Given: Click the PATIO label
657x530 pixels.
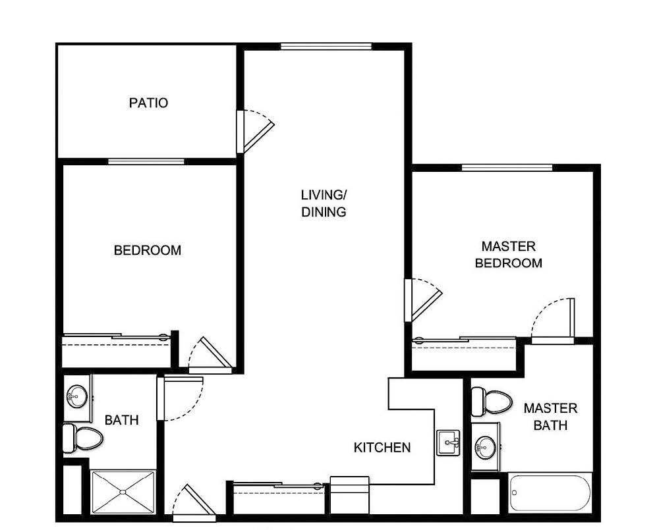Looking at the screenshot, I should click(x=148, y=103).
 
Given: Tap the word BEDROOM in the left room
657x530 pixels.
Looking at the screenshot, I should click(x=148, y=250).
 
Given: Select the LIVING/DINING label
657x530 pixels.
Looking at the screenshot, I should click(x=324, y=203).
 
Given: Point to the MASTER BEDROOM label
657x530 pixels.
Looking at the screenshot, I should click(x=509, y=255).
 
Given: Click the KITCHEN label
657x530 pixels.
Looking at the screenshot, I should click(x=382, y=448).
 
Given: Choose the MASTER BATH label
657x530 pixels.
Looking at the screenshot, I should click(x=550, y=417).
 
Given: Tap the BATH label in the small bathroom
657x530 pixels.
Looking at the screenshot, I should click(x=121, y=419).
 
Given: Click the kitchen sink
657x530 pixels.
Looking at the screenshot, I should click(x=449, y=442).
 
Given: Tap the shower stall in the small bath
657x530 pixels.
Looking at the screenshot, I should click(x=123, y=492).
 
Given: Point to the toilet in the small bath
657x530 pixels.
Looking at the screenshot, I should click(x=82, y=437).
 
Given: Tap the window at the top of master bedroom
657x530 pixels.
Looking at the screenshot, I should click(x=506, y=167).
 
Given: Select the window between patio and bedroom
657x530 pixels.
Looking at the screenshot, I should click(x=146, y=161).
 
